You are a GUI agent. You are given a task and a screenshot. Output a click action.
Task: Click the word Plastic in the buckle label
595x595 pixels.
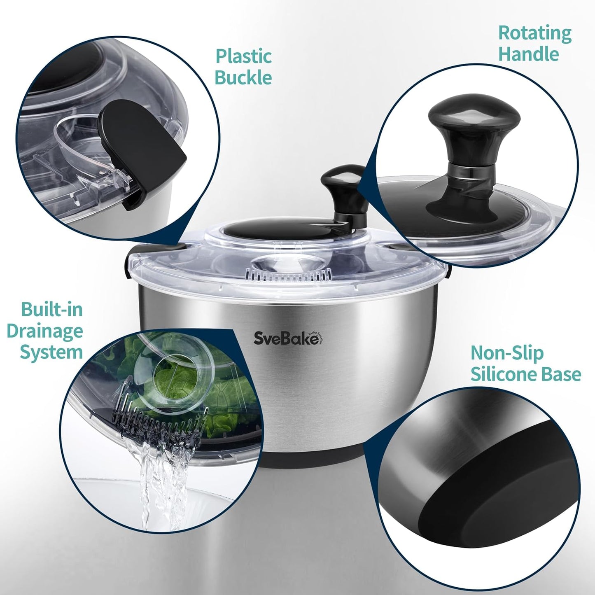[x=244, y=56]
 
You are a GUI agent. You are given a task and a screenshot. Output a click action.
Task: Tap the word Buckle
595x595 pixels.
[x=243, y=78]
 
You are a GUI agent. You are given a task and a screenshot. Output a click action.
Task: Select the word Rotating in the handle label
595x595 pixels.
[x=535, y=33]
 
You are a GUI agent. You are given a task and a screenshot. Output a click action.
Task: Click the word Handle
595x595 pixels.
[x=529, y=54]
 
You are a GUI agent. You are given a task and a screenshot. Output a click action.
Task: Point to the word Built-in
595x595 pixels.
[x=52, y=310]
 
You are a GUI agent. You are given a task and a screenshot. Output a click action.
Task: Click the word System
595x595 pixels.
[x=51, y=352]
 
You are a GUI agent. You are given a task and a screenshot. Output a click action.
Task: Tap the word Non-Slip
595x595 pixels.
[x=507, y=353]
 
